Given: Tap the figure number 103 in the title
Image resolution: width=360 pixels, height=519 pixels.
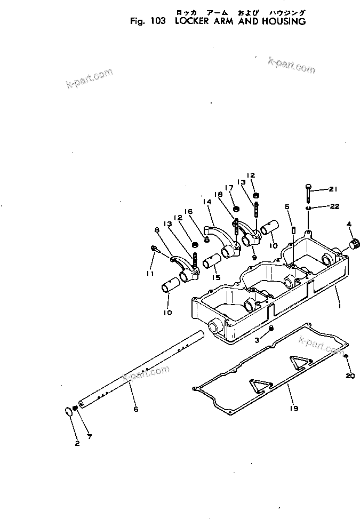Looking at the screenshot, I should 157,22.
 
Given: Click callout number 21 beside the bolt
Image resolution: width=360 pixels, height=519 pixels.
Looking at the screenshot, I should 334,189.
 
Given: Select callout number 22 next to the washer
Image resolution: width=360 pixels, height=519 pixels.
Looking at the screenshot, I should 334,206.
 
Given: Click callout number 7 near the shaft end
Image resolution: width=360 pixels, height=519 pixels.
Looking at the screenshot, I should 90,437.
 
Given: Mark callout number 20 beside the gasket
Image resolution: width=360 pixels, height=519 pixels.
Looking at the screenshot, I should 350,376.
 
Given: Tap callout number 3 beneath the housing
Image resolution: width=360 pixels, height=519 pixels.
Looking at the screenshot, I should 257,339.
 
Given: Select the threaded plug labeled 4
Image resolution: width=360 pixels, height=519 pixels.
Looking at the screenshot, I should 351,245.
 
